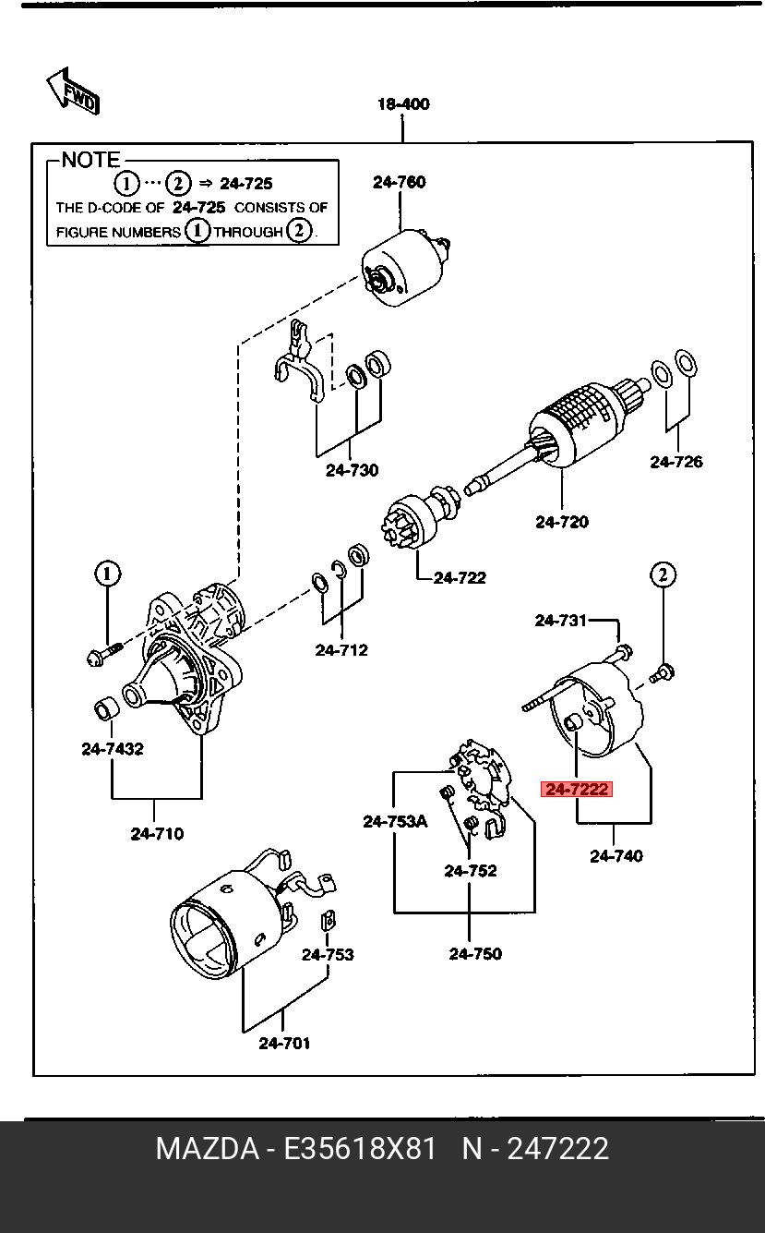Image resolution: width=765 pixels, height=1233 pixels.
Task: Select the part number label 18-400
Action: tap(403, 104)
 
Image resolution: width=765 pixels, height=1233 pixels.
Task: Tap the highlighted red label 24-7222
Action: tap(577, 789)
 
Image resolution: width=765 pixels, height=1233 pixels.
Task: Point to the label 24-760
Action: tap(400, 182)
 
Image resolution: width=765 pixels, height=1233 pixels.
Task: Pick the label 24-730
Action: tap(352, 470)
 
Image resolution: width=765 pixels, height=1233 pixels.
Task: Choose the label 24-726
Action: tap(675, 462)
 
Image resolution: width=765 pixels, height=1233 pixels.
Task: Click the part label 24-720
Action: tap(561, 522)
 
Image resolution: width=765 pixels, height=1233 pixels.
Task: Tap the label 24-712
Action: tap(341, 650)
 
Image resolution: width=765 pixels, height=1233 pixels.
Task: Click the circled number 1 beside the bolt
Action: tap(107, 574)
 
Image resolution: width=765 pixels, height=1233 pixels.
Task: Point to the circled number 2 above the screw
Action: tap(663, 574)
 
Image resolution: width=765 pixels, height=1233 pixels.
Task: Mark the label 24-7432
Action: tap(113, 749)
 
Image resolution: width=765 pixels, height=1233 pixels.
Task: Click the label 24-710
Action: tap(157, 834)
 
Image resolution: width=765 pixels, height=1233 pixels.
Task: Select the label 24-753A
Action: tap(395, 820)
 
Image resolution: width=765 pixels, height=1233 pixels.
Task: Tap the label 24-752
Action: tap(470, 870)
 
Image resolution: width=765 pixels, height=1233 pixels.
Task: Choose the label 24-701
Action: tap(284, 1044)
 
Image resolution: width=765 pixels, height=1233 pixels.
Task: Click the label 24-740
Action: tap(616, 856)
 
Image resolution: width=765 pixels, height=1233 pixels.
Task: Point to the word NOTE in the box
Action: tap(90, 160)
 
